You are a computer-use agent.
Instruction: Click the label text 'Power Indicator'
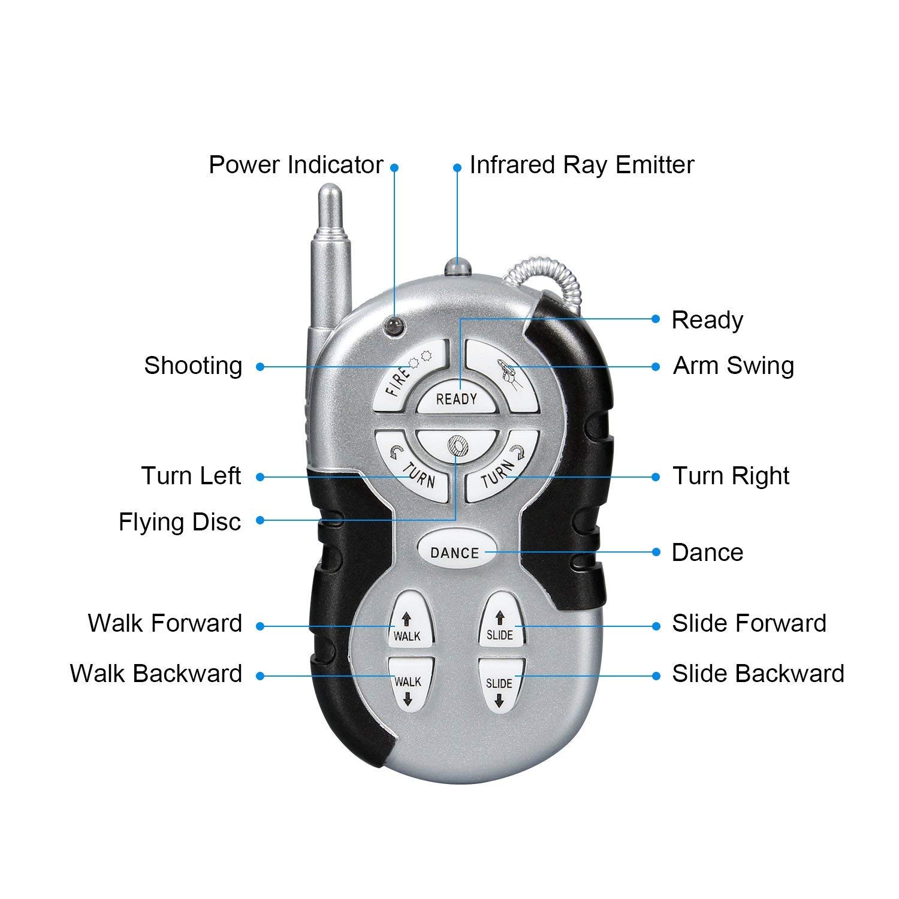click(x=295, y=165)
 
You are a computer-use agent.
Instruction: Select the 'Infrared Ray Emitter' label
click(x=581, y=165)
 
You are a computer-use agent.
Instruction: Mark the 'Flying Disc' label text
click(x=180, y=521)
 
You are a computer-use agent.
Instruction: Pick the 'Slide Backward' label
click(x=758, y=674)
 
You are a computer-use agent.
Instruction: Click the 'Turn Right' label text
click(x=731, y=476)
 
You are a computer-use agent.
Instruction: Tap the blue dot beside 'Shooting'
click(x=260, y=366)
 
